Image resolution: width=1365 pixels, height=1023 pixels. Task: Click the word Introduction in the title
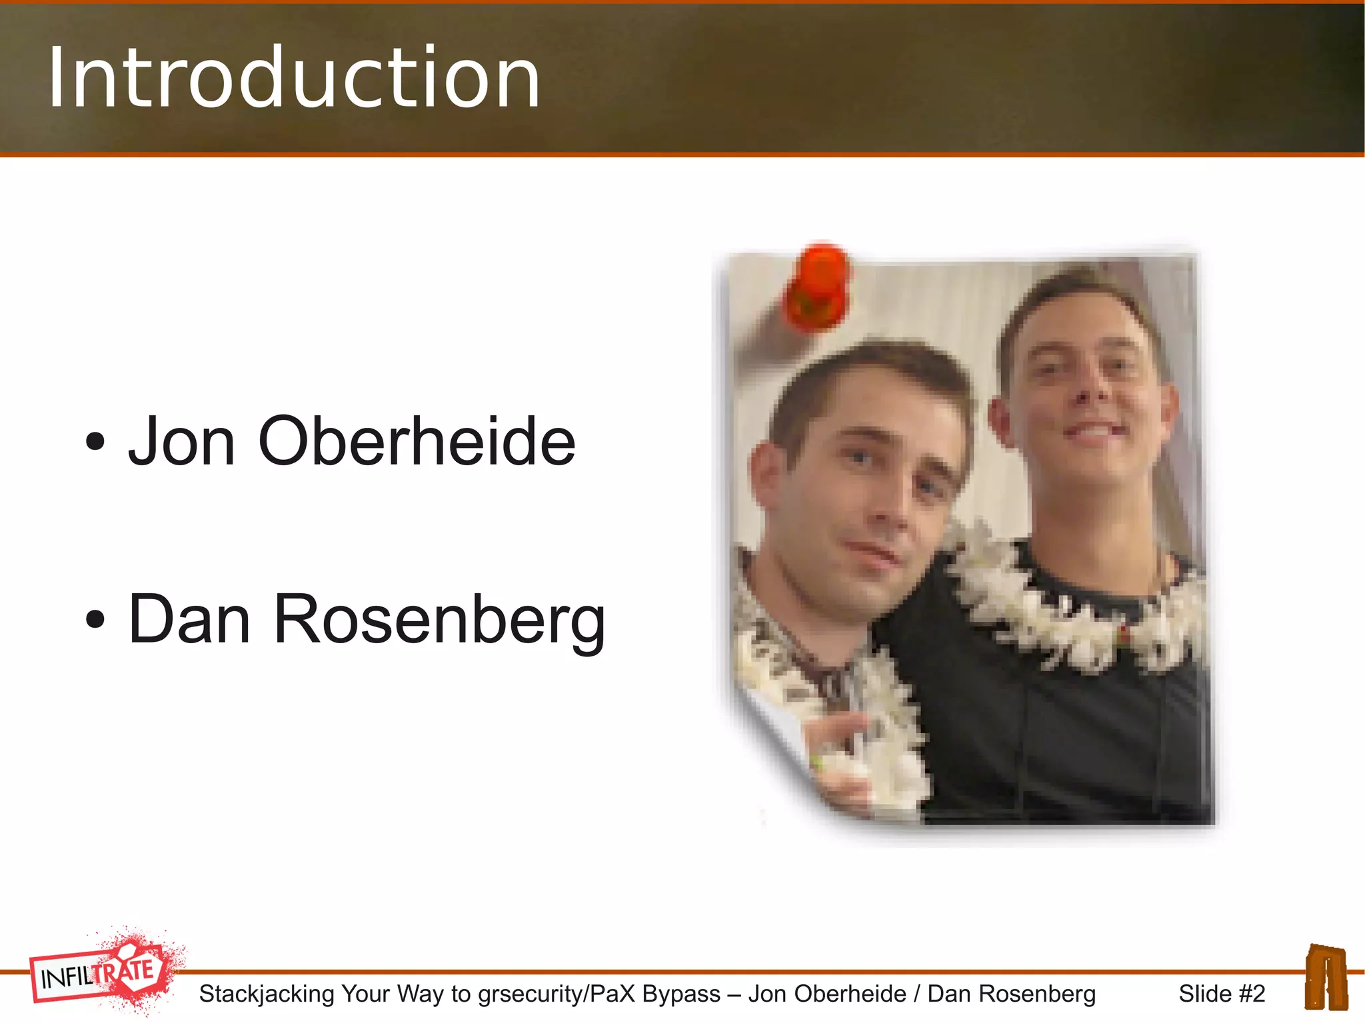pyautogui.click(x=293, y=79)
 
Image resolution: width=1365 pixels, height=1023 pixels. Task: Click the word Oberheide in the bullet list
pyautogui.click(x=417, y=441)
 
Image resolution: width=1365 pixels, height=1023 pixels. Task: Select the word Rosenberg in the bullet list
pyautogui.click(x=439, y=620)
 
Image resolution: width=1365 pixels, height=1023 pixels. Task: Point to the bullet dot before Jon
pyautogui.click(x=95, y=441)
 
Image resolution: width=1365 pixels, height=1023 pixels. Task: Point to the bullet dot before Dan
pyautogui.click(x=95, y=619)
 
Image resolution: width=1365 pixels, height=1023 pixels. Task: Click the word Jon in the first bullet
pyautogui.click(x=181, y=441)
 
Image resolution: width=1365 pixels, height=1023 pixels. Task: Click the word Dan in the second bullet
pyautogui.click(x=189, y=620)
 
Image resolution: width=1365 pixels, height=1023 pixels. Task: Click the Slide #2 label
pyautogui.click(x=1221, y=994)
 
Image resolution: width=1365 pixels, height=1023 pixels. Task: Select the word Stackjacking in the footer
pyautogui.click(x=267, y=994)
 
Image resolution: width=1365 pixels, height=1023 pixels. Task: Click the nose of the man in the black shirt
pyautogui.click(x=1083, y=393)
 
